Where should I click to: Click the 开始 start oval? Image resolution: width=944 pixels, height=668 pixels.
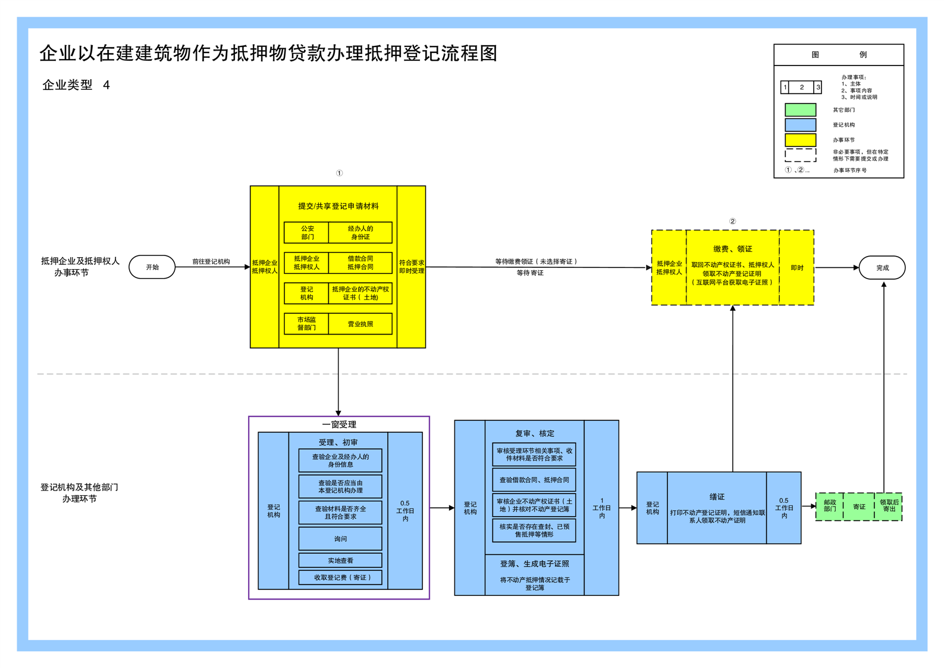(152, 267)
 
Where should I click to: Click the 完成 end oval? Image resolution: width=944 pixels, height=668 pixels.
(882, 268)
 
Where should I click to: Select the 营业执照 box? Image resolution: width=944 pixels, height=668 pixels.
(360, 324)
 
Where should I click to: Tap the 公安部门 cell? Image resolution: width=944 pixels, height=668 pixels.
(307, 233)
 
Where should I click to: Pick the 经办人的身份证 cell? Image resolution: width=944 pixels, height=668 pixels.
(360, 233)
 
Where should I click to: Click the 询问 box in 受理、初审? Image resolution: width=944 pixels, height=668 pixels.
(340, 539)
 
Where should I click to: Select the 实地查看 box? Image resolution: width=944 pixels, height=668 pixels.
(340, 560)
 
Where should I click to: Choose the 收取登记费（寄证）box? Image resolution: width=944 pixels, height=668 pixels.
(340, 578)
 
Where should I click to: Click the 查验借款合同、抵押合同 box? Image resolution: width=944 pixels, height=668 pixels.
(534, 480)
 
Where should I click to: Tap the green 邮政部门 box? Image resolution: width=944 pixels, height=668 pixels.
(829, 506)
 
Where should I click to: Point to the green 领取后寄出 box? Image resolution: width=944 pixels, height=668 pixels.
(889, 506)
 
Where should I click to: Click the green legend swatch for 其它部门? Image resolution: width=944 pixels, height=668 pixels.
(800, 110)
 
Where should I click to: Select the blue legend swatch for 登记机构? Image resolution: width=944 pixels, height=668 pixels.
(800, 125)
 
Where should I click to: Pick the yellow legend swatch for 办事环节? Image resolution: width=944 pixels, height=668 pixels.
(800, 140)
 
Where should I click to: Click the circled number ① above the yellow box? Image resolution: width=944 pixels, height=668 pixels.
(339, 173)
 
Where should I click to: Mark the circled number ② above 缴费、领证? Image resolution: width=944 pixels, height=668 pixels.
(732, 221)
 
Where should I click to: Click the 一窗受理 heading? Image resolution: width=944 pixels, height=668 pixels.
(339, 424)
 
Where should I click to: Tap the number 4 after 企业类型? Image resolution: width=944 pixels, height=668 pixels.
(106, 85)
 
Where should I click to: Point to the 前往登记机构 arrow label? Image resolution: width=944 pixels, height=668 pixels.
(211, 261)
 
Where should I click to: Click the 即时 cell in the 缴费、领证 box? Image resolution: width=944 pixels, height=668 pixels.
(796, 268)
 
